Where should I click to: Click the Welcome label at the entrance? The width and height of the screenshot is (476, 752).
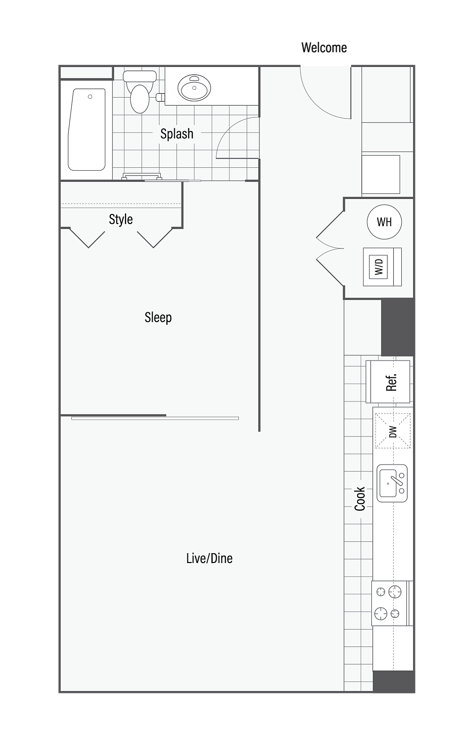(324, 48)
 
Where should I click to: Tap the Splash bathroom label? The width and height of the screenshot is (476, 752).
(177, 134)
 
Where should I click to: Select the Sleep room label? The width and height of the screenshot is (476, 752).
(158, 318)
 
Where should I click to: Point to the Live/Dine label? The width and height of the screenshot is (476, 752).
(209, 558)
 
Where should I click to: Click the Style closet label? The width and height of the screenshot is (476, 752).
(121, 219)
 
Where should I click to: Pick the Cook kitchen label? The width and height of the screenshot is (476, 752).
(359, 498)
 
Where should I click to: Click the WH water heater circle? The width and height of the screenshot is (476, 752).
(384, 222)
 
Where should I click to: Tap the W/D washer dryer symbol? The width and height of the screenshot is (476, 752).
(382, 267)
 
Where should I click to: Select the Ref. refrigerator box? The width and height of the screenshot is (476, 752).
(388, 382)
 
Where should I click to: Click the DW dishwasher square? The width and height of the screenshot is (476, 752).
(393, 431)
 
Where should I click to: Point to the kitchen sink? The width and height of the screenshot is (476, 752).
(392, 483)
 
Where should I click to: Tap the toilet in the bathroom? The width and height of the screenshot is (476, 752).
(139, 92)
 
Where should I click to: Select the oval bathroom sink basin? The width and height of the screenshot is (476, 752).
(194, 88)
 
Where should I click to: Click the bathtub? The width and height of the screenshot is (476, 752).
(87, 130)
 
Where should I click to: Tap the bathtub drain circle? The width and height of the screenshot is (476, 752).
(90, 97)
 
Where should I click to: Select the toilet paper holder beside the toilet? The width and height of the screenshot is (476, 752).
(160, 98)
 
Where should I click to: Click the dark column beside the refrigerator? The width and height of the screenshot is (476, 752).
(398, 327)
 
